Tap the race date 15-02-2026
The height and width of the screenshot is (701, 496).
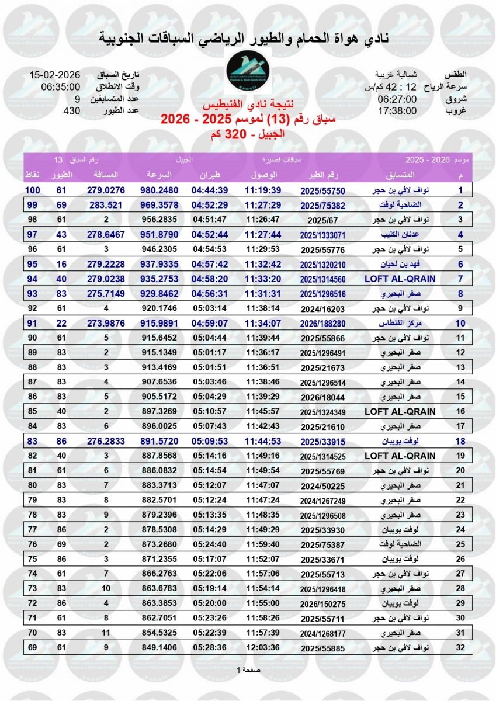click(55, 75)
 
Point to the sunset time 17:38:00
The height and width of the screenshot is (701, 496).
click(397, 110)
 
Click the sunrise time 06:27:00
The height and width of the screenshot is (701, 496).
click(397, 99)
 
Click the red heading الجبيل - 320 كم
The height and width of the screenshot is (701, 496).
click(248, 134)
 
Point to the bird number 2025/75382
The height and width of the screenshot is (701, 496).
click(322, 205)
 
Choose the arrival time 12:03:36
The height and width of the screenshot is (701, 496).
click(263, 647)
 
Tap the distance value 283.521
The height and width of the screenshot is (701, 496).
click(106, 205)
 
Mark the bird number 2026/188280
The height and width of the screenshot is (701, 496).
click(322, 323)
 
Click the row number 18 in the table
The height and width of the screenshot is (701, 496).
click(460, 441)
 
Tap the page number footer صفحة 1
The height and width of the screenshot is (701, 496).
click(248, 669)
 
